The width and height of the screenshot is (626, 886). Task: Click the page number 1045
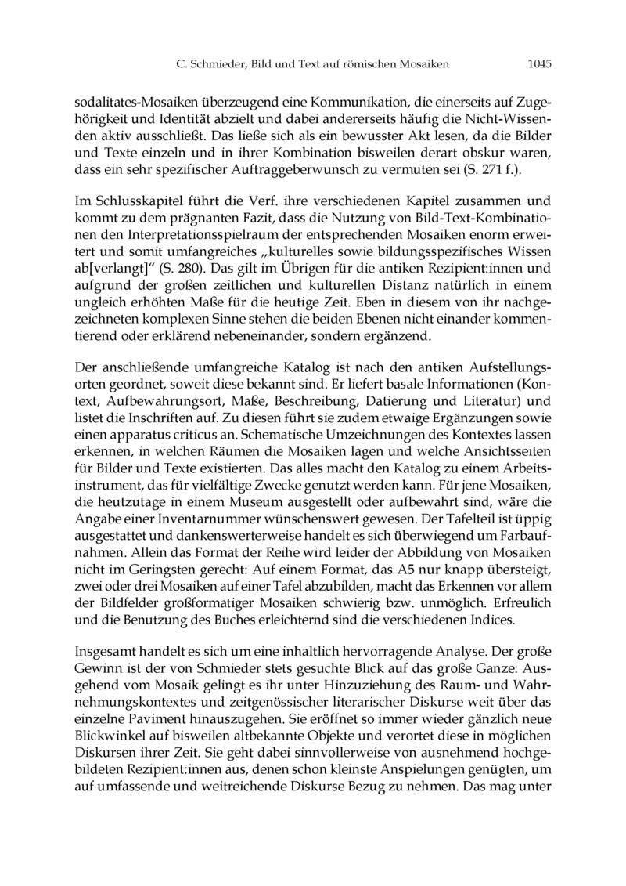[539, 65]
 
